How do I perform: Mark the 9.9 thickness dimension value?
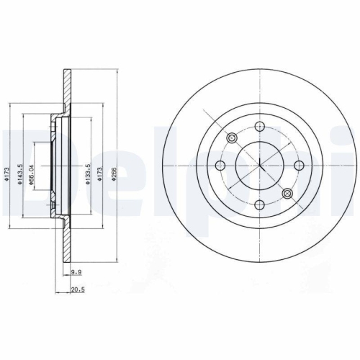coord(76,273)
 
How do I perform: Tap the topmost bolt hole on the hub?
coord(259,128)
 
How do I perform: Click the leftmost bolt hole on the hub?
coord(222,166)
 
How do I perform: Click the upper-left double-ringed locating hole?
coord(232,138)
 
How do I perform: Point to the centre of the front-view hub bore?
coord(259,166)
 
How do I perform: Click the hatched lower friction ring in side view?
coord(67,238)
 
